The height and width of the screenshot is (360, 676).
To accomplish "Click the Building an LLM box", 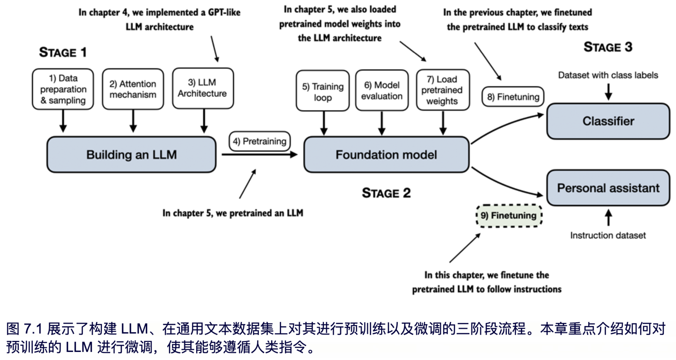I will pyautogui.click(x=131, y=154).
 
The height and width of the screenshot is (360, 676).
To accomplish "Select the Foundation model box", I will pyautogui.click(x=386, y=154).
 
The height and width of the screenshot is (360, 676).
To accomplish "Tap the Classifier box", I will pyautogui.click(x=608, y=121).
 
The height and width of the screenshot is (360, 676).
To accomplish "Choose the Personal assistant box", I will pyautogui.click(x=608, y=188).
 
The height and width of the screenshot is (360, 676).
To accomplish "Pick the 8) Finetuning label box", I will pyautogui.click(x=513, y=97).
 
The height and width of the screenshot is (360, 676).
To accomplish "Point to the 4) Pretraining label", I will pyautogui.click(x=260, y=141).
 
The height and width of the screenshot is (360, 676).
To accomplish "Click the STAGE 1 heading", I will pyautogui.click(x=63, y=52).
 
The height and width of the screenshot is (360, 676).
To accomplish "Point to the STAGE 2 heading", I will pyautogui.click(x=386, y=193).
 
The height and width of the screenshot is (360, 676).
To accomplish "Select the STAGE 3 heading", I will pyautogui.click(x=608, y=47).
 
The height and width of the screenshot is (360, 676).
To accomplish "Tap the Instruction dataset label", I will pyautogui.click(x=608, y=235).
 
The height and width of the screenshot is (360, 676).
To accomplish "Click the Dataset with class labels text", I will pyautogui.click(x=608, y=75).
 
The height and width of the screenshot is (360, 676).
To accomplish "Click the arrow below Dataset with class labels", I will pyautogui.click(x=608, y=92).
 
